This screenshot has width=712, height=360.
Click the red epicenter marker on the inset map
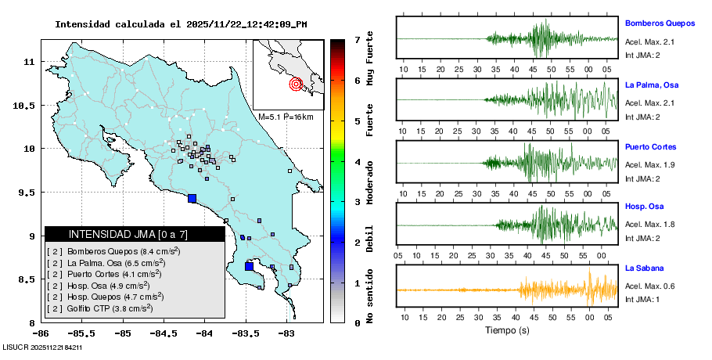[296, 84]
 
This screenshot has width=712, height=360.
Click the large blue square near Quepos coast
[192, 198]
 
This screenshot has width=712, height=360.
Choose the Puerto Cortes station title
[651, 147]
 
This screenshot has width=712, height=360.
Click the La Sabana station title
[645, 268]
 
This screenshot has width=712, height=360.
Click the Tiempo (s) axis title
[507, 330]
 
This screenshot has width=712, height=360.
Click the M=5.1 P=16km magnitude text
[286, 117]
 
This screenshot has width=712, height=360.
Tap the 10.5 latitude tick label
[28, 105]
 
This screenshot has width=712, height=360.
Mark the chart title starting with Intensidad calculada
[181, 24]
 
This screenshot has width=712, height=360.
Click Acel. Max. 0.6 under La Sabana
[649, 286]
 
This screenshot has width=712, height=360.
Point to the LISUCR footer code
[42, 346]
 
